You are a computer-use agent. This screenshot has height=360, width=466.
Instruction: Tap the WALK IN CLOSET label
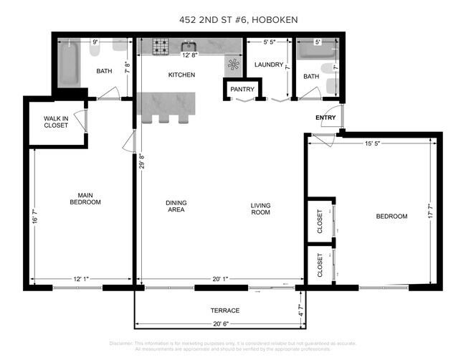[x=55, y=121]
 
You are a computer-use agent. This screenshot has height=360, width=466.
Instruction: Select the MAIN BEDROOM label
[x=85, y=199]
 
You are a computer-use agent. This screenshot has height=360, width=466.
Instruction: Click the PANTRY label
[x=237, y=90]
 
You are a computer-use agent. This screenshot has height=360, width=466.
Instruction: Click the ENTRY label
[x=325, y=117]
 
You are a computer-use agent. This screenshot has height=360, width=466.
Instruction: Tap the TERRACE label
[x=225, y=310]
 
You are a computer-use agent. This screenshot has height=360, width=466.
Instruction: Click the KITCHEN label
[x=181, y=75]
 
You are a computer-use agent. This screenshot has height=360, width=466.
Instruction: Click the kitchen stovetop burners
[x=161, y=47]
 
